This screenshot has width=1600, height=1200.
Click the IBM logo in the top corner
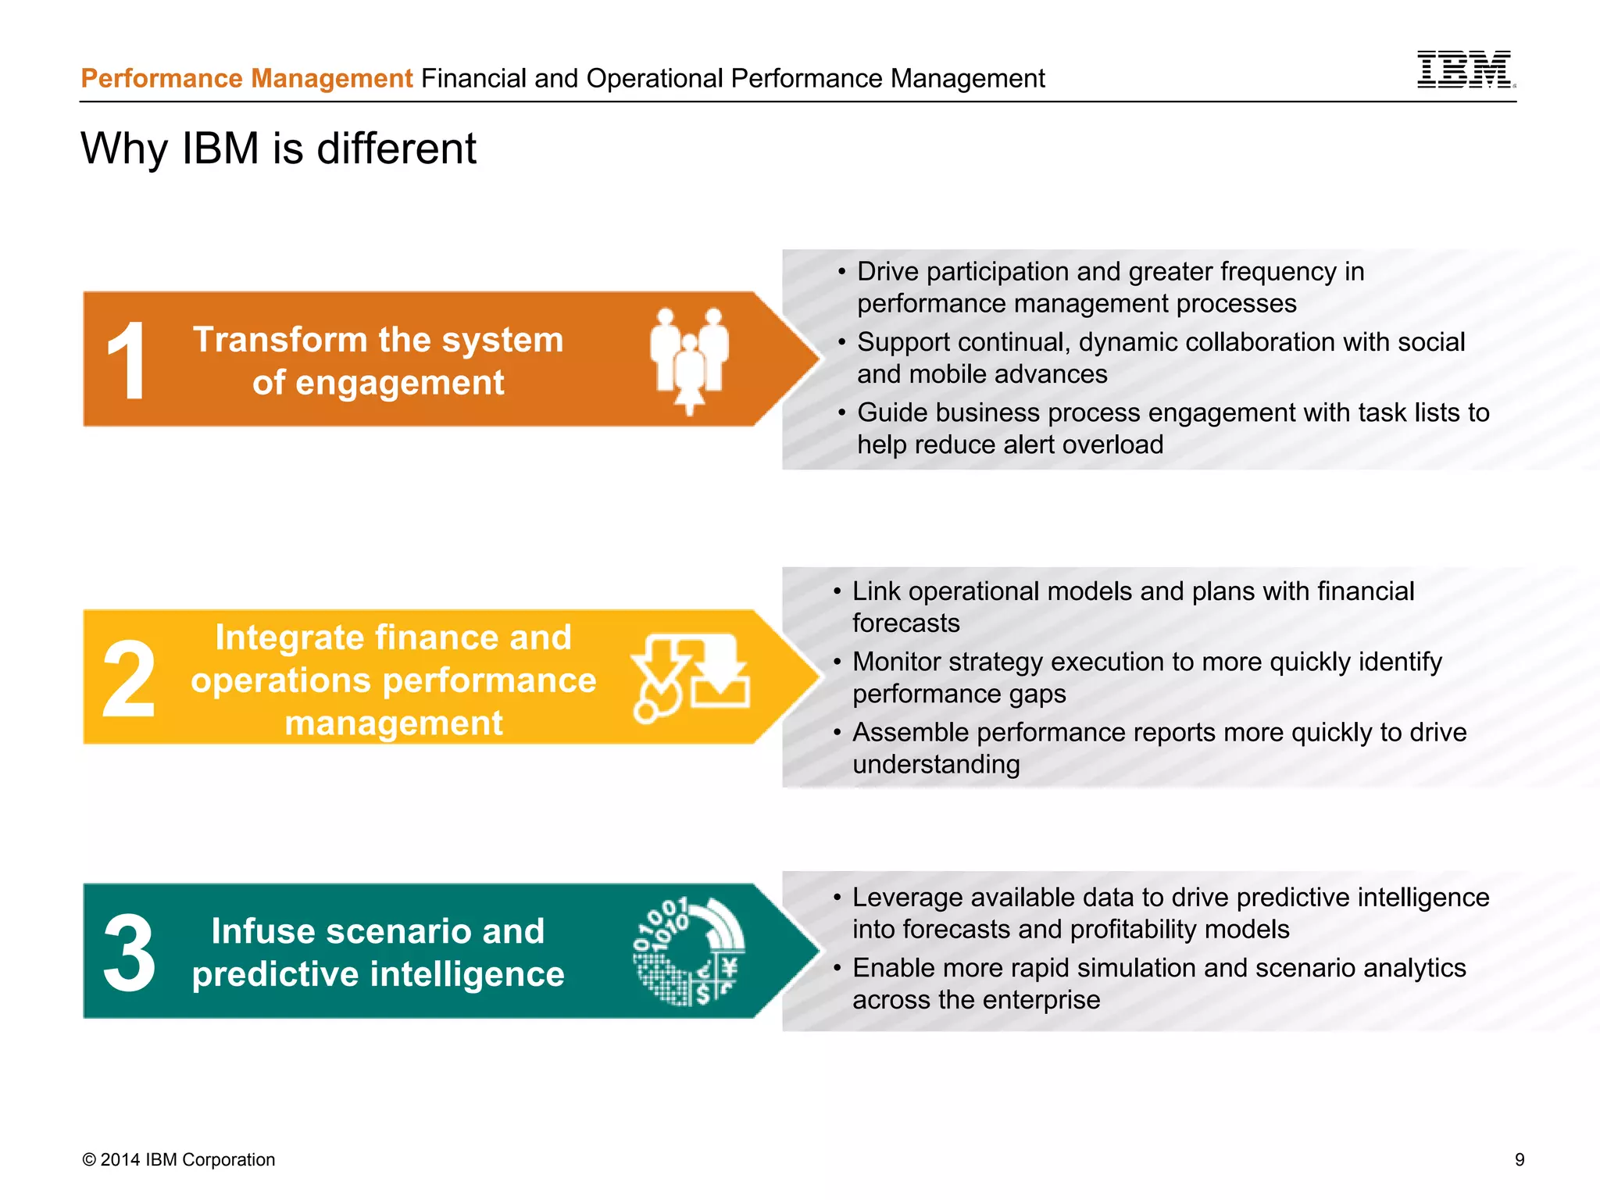click(1466, 70)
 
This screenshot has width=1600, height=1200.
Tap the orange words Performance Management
click(247, 79)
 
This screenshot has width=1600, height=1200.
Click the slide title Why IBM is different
click(278, 148)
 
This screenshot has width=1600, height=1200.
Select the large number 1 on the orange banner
click(127, 361)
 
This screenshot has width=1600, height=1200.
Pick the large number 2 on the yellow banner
click(129, 678)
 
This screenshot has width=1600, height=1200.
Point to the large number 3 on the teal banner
click(129, 953)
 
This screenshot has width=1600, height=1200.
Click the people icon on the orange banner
click(689, 359)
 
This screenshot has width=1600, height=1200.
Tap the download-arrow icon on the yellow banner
click(691, 677)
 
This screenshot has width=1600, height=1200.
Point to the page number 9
click(1519, 1159)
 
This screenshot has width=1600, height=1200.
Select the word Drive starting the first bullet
click(887, 272)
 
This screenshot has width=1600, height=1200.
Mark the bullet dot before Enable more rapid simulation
click(837, 969)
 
